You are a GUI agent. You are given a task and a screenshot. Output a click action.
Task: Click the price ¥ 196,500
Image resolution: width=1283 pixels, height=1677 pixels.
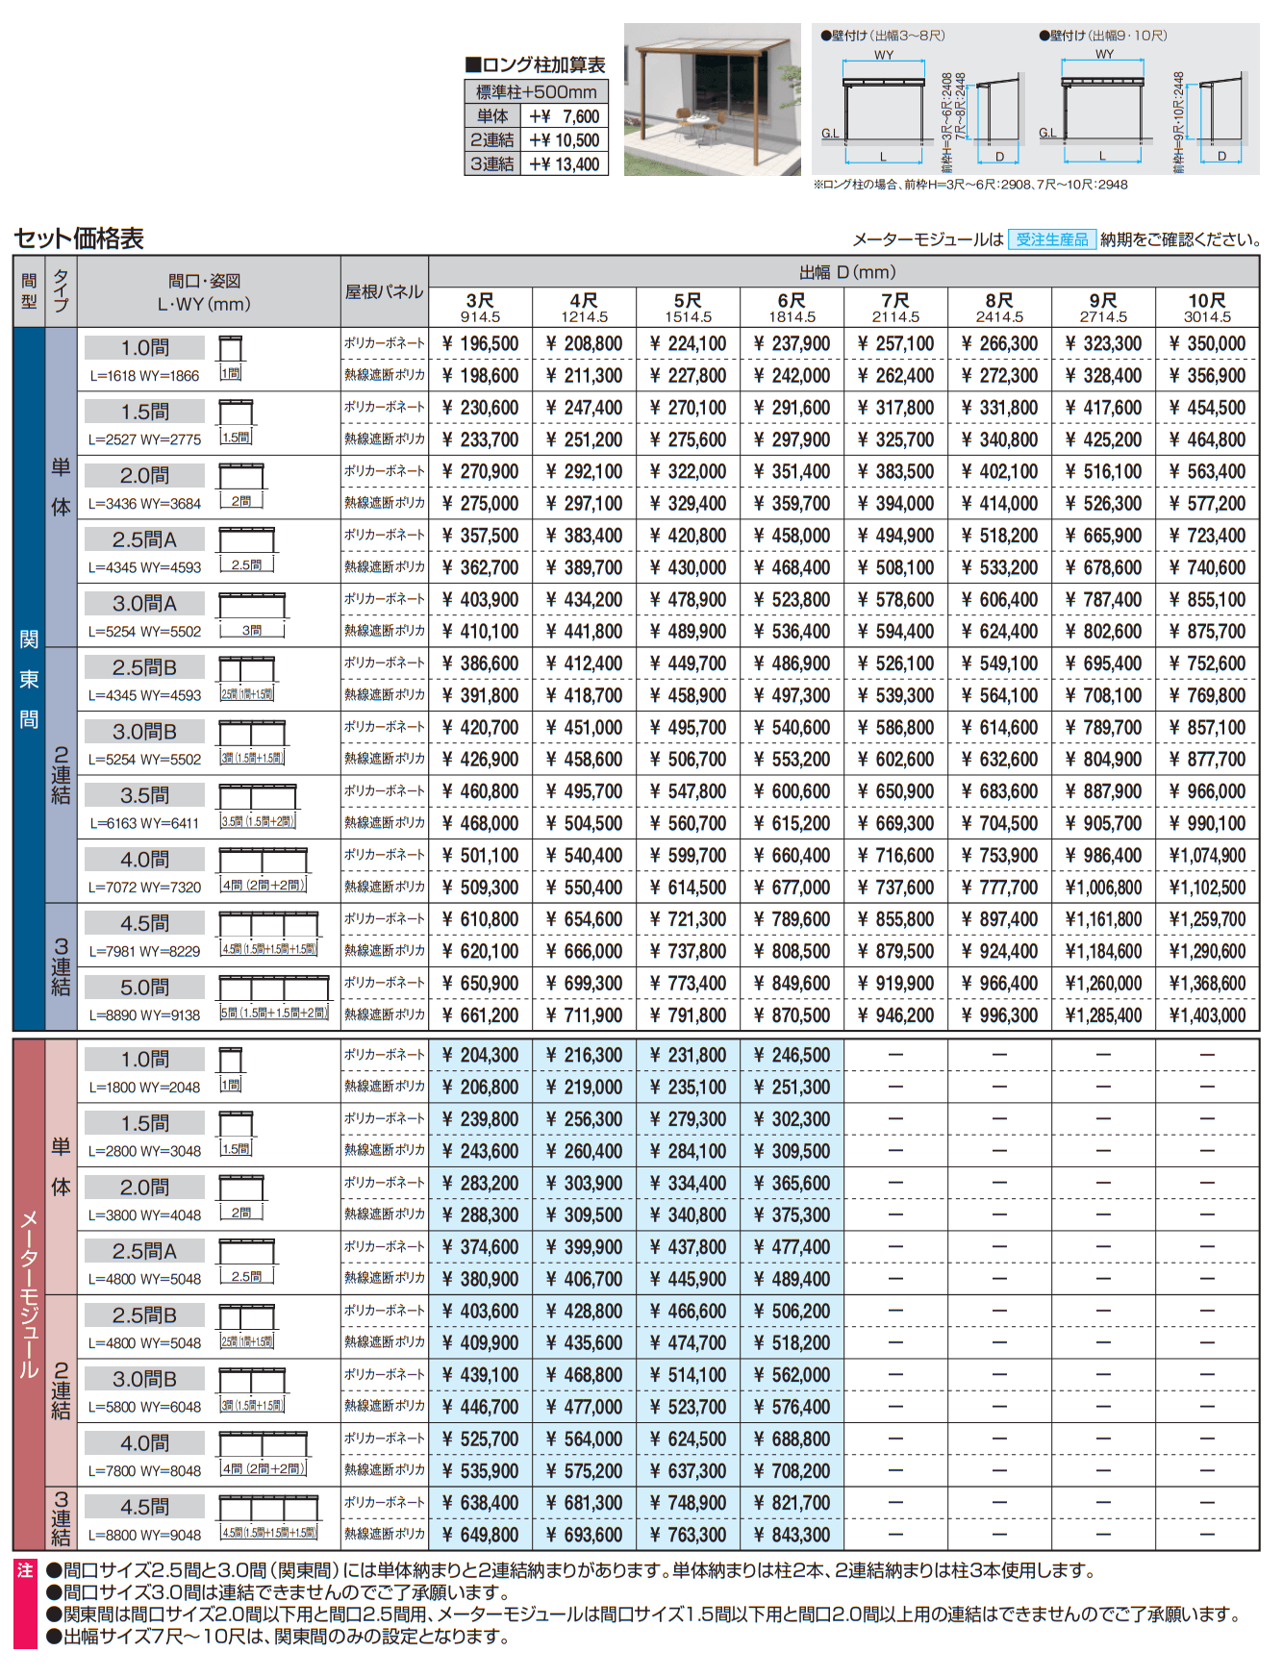[481, 343]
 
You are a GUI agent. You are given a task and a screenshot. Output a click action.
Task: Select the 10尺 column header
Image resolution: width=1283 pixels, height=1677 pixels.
[1207, 307]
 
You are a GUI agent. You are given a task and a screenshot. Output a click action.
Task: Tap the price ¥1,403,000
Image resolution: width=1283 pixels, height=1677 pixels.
[1207, 1015]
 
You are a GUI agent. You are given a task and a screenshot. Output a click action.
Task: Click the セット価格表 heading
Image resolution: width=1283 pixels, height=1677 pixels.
[79, 238]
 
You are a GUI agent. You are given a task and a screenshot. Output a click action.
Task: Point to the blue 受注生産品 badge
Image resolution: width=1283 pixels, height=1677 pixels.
[1052, 239]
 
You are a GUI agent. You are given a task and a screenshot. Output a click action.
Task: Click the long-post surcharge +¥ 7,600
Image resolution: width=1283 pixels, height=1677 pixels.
[565, 116]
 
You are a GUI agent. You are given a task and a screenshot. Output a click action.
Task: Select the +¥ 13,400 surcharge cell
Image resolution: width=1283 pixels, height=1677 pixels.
[565, 164]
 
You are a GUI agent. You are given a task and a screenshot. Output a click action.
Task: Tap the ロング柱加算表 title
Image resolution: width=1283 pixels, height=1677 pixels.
[536, 65]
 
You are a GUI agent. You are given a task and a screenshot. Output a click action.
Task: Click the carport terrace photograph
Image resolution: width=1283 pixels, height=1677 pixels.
[712, 99]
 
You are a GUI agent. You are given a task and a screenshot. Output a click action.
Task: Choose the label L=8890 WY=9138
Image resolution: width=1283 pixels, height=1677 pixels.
[144, 1015]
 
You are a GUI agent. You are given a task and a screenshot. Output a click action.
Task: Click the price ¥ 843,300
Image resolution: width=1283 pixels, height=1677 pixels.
[792, 1536]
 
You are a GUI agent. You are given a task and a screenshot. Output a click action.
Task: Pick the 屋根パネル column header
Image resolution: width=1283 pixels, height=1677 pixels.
[384, 291]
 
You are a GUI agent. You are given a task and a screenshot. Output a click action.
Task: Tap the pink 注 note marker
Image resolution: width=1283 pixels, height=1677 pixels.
[25, 1571]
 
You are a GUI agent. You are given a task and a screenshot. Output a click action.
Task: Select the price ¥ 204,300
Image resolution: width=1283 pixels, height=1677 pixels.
[481, 1056]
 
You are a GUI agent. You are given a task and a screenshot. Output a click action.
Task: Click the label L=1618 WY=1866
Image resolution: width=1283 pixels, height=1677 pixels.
[144, 376]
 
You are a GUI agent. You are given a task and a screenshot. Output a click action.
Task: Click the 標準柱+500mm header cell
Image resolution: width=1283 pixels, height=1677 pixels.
[536, 92]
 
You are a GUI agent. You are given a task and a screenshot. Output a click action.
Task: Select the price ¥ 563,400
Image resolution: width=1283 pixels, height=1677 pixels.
[1207, 472]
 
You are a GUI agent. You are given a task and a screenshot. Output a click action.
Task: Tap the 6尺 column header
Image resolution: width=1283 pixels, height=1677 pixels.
[792, 307]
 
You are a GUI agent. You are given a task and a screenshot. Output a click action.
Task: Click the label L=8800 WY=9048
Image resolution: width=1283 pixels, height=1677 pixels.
[144, 1536]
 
